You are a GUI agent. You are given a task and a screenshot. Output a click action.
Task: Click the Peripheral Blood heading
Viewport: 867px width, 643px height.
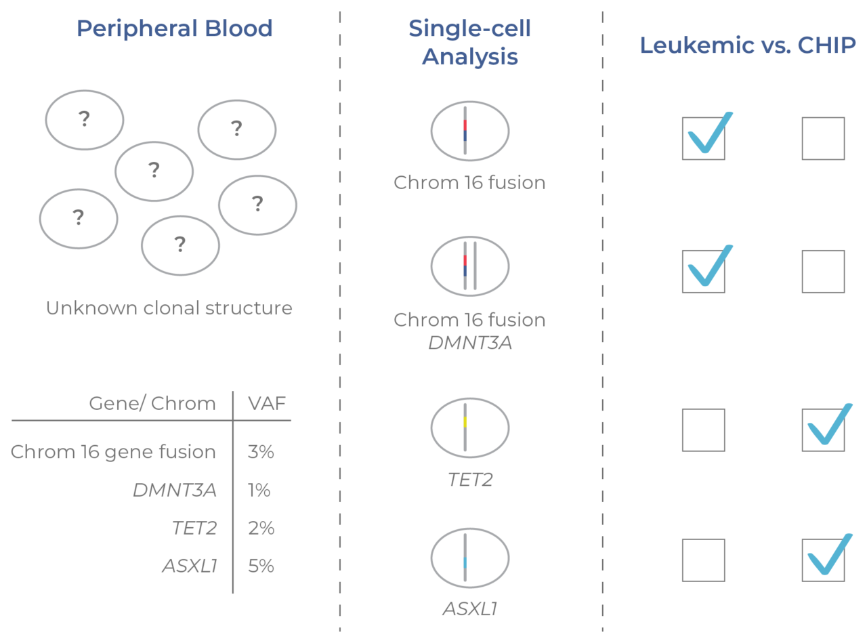click(x=174, y=28)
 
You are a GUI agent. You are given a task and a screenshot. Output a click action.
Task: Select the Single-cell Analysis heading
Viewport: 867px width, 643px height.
click(x=469, y=42)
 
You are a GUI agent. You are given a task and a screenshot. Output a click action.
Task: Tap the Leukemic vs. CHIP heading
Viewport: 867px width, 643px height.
click(x=748, y=45)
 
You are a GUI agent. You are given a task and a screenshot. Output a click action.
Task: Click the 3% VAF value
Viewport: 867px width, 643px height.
click(x=261, y=452)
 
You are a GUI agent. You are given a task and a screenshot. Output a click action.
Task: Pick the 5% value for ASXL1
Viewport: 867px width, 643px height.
click(x=261, y=566)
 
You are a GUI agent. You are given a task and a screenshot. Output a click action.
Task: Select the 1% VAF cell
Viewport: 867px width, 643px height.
click(x=259, y=490)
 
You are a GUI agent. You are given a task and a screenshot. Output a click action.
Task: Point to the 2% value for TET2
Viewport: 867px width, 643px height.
click(x=261, y=528)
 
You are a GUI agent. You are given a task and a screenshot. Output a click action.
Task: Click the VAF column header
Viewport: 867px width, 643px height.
click(x=266, y=404)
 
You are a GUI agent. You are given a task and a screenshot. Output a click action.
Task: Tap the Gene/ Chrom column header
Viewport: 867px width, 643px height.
click(x=152, y=404)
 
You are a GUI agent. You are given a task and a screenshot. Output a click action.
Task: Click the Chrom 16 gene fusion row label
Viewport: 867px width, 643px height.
click(x=113, y=452)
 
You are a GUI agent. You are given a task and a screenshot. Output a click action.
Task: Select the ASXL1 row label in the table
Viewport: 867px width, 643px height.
click(x=190, y=566)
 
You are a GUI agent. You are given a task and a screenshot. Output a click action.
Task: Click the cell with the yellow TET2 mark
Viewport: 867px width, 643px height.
click(x=469, y=428)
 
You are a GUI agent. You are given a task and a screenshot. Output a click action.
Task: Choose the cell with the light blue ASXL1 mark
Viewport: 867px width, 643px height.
click(x=469, y=558)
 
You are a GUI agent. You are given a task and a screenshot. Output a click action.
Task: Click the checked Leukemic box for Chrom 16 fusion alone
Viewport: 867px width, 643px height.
click(x=703, y=139)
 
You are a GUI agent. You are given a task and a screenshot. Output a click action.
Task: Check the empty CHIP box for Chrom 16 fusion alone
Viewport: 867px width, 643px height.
click(x=823, y=139)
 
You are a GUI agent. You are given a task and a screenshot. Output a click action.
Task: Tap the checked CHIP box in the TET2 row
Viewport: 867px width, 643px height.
click(x=823, y=430)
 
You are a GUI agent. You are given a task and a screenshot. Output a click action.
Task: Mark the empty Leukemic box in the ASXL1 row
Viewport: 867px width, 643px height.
click(x=703, y=560)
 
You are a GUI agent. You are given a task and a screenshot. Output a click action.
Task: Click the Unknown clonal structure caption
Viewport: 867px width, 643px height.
click(x=169, y=308)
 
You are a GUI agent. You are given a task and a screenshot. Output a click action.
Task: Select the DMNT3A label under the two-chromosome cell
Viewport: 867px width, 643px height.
click(x=469, y=343)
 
